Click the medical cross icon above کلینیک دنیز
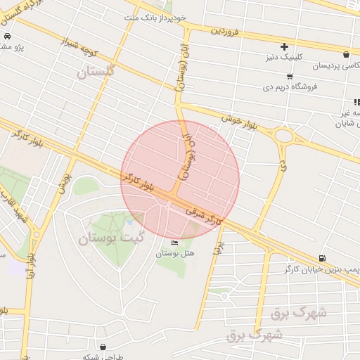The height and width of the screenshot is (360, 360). click(284, 46)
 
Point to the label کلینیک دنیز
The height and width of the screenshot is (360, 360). click(283, 58)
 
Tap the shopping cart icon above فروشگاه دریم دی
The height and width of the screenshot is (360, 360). click(290, 76)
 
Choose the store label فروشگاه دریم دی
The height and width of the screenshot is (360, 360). click(290, 87)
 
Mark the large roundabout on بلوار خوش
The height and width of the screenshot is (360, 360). click(284, 135)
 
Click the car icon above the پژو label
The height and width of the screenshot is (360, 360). click(6, 37)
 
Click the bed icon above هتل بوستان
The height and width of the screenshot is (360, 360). click(174, 243)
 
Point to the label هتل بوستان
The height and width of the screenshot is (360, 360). click(183, 253)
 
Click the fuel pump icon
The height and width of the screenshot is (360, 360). click(322, 258)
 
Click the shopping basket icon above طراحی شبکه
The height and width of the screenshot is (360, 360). click(104, 347)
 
